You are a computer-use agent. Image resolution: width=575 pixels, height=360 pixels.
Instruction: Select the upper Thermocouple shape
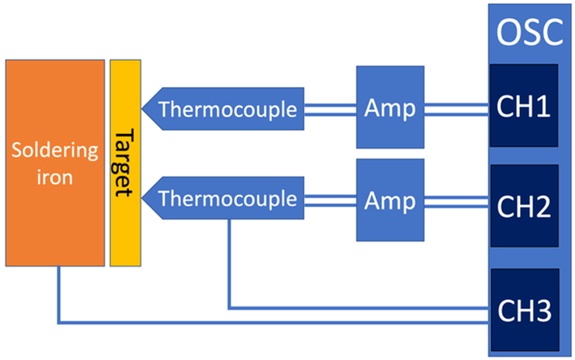pos(226,108)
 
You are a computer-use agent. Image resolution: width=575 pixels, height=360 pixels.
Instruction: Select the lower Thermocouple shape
pos(226,199)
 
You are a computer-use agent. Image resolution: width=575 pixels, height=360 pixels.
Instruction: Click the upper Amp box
pos(389,108)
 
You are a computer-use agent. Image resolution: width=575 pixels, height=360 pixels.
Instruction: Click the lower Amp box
pos(389,200)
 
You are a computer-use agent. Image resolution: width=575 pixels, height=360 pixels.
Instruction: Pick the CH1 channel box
pos(522,108)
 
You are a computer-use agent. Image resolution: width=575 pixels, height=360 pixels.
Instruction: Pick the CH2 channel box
pos(522,206)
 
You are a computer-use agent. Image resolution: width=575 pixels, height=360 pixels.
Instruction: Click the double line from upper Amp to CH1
pos(456,108)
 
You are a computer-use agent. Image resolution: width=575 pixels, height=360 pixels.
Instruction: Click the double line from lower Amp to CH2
pos(456,200)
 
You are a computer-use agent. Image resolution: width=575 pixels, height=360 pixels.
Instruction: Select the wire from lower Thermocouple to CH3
pos(353,308)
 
